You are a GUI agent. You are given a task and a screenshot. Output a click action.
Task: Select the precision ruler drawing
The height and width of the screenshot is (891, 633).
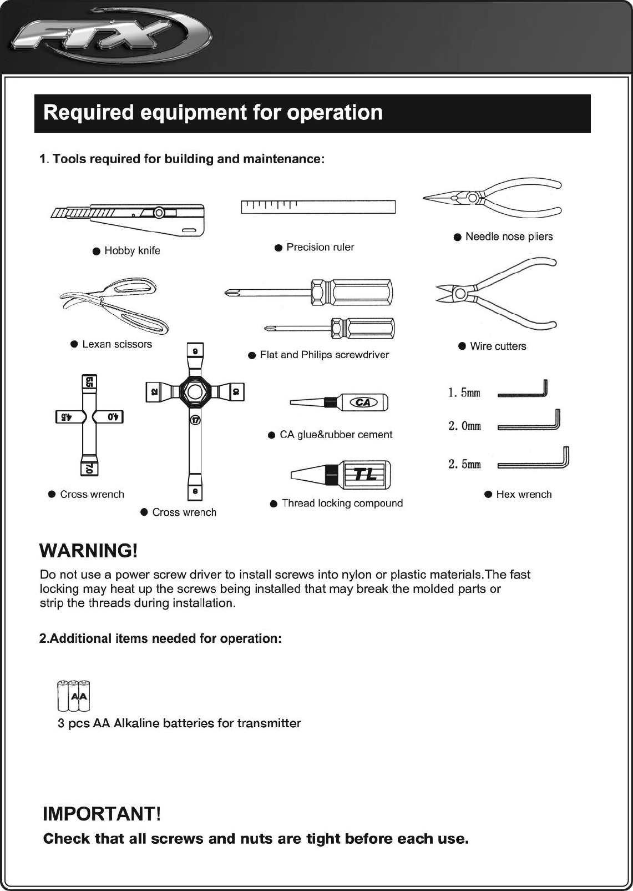pyautogui.click(x=318, y=207)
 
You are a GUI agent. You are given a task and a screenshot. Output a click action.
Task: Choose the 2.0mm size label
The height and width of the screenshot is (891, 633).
pyautogui.click(x=464, y=426)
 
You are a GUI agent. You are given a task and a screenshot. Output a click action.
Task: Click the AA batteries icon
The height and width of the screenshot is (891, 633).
pyautogui.click(x=74, y=696)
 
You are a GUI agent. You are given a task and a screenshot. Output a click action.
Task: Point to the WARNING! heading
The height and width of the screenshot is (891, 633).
pyautogui.click(x=89, y=551)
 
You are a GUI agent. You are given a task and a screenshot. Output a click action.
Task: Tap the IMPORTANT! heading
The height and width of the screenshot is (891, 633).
pyautogui.click(x=102, y=814)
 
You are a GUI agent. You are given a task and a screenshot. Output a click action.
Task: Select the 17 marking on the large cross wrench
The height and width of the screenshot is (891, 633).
pyautogui.click(x=195, y=420)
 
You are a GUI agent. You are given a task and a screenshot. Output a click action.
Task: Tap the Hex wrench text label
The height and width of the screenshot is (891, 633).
pyautogui.click(x=524, y=495)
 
